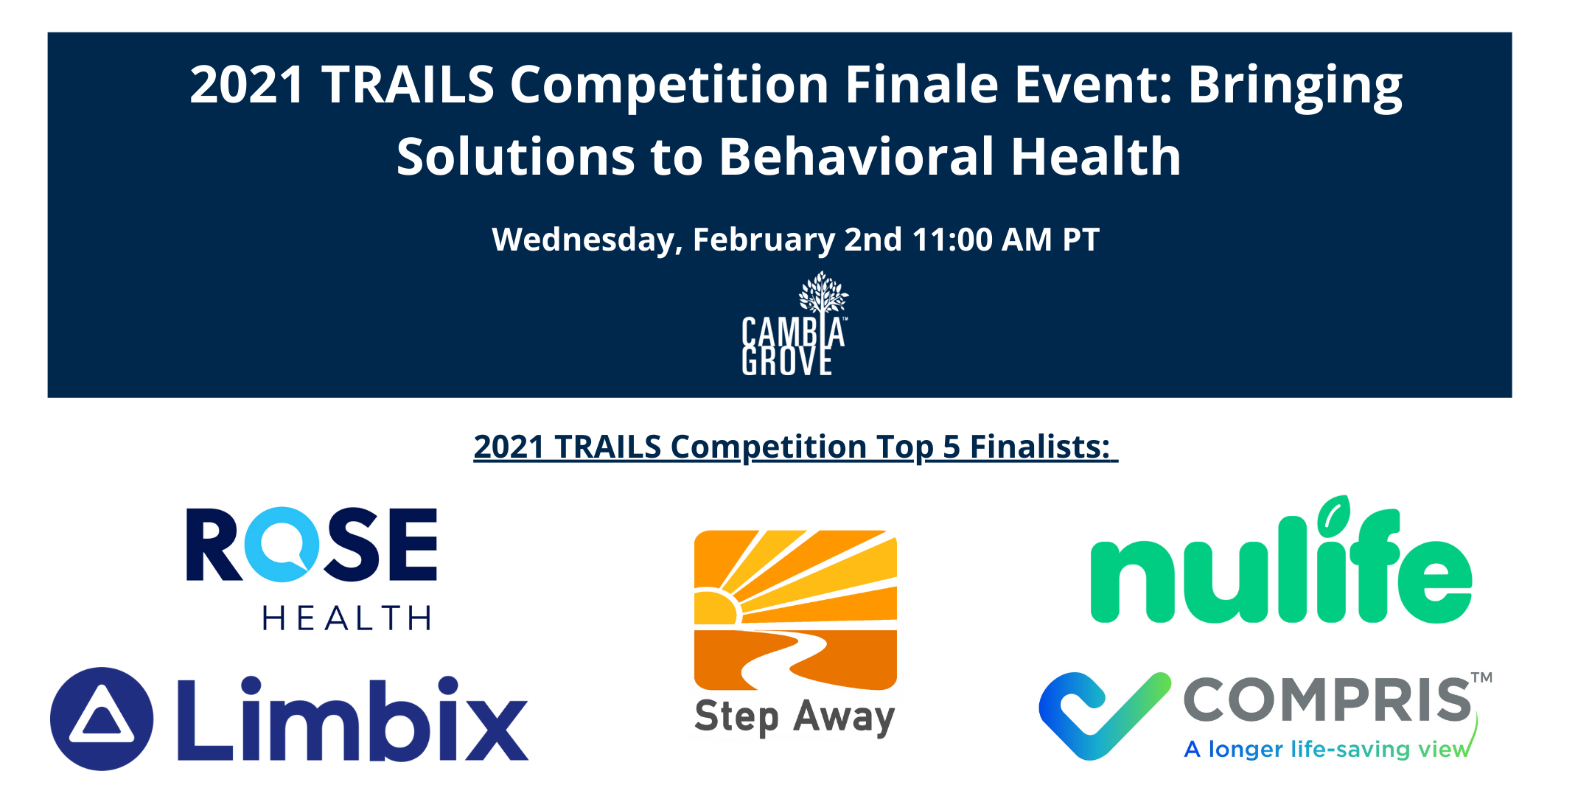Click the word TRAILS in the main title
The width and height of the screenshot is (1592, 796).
tap(408, 84)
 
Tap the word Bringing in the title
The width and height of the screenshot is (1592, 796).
tap(1295, 87)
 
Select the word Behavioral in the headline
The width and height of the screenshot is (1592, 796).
tap(856, 156)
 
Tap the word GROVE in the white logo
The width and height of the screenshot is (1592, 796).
tap(786, 361)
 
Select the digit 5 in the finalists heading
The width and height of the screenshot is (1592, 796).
tap(951, 447)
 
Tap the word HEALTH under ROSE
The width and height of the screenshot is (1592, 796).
tap(346, 618)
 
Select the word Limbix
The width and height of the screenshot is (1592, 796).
tap(352, 719)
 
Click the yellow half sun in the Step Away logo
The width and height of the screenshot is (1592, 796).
tap(716, 607)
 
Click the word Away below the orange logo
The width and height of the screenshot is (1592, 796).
tap(844, 717)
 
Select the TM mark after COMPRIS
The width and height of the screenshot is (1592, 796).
tap(1481, 677)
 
